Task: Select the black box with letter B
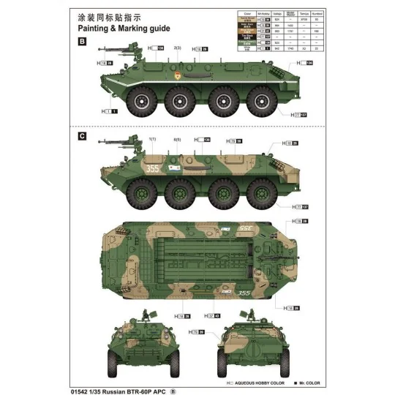[x=82, y=42]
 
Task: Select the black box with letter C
[x=82, y=135]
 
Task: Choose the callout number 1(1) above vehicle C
[x=153, y=139]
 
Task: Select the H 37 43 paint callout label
[x=214, y=316]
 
